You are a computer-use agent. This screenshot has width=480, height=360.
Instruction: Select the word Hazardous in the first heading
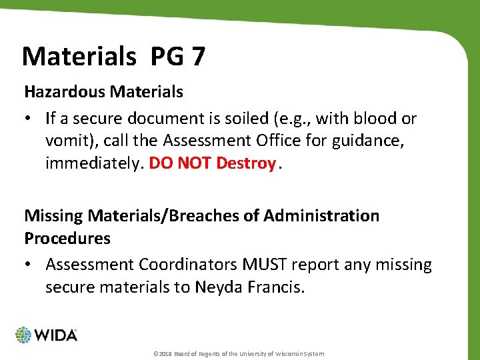pos(57,92)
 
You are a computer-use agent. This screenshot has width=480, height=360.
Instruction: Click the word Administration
pos(321,216)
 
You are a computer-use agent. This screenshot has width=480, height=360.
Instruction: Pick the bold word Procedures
pos(67,238)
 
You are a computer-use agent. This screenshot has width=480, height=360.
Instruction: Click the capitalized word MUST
pos(250,265)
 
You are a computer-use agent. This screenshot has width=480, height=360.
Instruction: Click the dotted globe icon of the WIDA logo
pos(24,335)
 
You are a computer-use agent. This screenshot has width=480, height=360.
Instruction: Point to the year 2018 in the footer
pos(163,353)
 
